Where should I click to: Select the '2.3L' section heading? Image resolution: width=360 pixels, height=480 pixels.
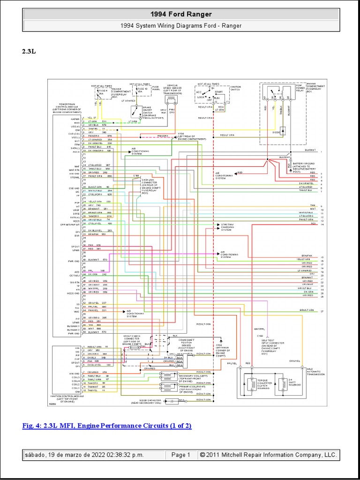pyautogui.click(x=29, y=52)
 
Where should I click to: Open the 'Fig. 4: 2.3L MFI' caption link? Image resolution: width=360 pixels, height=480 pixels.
pyautogui.click(x=107, y=426)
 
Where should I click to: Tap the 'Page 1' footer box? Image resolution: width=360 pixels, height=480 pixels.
pyautogui.click(x=180, y=455)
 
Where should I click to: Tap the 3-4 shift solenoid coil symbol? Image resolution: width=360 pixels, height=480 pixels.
pyautogui.click(x=282, y=384)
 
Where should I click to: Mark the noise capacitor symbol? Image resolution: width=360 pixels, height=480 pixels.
pyautogui.click(x=175, y=401)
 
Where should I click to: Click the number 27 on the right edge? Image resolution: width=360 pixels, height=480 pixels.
pyautogui.click(x=322, y=311)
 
